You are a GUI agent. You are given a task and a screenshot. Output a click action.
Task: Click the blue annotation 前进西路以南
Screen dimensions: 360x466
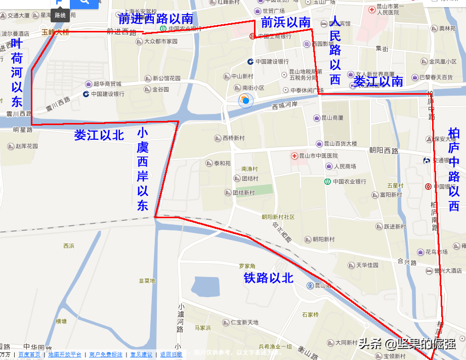(x=156, y=19)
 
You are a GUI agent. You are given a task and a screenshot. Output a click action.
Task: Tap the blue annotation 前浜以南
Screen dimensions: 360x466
(x=285, y=22)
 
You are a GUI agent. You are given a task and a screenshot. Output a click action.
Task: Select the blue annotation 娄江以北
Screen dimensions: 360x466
(x=99, y=135)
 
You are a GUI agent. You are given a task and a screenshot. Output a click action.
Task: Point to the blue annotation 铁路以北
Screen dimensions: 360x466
(x=269, y=278)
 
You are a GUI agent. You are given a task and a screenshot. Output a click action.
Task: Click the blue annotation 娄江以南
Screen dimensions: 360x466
(x=378, y=81)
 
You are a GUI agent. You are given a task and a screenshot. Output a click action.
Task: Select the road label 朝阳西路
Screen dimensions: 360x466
(x=384, y=151)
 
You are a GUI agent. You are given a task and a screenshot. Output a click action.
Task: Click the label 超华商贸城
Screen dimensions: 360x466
(x=107, y=84)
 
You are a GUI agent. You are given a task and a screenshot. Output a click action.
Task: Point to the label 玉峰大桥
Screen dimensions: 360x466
(x=56, y=32)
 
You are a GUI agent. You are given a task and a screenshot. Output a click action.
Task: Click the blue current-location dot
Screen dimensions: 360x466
(x=245, y=101)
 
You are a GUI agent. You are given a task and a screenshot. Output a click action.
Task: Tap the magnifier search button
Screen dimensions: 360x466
(x=84, y=3)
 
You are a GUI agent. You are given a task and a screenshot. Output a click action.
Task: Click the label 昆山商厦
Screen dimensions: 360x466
(x=332, y=118)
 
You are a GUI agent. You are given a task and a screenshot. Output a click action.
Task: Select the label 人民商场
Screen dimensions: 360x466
(x=344, y=166)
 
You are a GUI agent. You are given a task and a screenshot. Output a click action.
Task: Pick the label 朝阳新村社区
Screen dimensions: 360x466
(x=278, y=217)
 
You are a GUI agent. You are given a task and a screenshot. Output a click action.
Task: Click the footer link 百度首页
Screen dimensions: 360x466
(x=29, y=354)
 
